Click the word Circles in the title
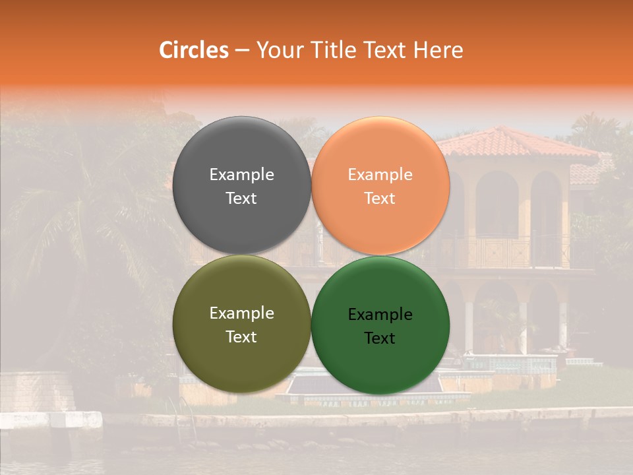pyautogui.click(x=194, y=50)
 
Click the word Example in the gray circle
pyautogui.click(x=241, y=175)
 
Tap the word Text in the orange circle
pyautogui.click(x=380, y=199)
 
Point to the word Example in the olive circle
pyautogui.click(x=241, y=313)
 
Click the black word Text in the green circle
pyautogui.click(x=380, y=338)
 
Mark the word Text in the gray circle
pyautogui.click(x=241, y=199)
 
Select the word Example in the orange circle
pyautogui.click(x=380, y=175)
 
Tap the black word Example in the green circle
pyautogui.click(x=380, y=315)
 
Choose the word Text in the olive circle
pyautogui.click(x=241, y=337)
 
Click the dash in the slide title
pyautogui.click(x=242, y=51)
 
